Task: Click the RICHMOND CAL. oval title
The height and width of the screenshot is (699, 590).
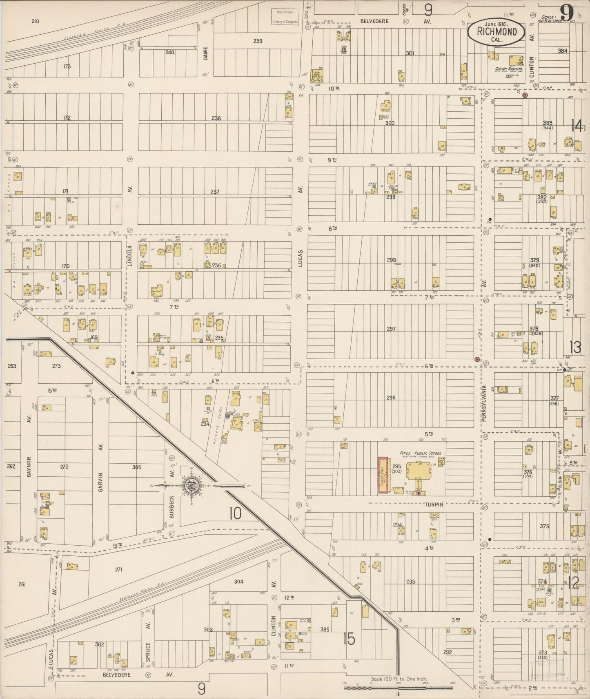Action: click(x=496, y=33)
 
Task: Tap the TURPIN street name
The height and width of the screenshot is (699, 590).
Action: click(x=434, y=504)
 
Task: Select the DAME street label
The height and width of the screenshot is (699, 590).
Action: click(x=206, y=53)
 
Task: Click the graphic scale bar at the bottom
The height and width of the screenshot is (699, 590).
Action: click(x=398, y=688)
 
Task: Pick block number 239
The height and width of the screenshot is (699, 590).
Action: click(x=257, y=41)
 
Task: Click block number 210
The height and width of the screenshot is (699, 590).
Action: click(x=35, y=21)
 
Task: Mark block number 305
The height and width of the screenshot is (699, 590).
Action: click(x=136, y=467)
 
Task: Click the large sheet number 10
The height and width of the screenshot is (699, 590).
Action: click(x=235, y=513)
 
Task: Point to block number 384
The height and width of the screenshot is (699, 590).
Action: click(x=563, y=51)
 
